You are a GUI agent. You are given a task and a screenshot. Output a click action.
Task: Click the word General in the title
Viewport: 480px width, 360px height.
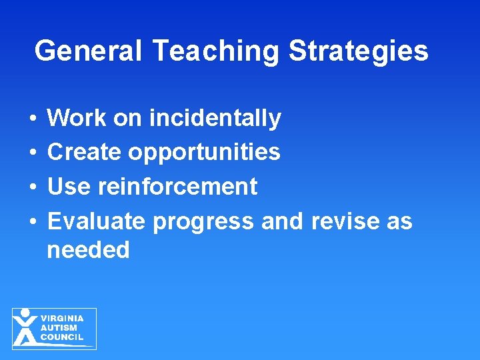(89, 51)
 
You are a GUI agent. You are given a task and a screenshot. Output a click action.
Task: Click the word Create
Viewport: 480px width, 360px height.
(85, 152)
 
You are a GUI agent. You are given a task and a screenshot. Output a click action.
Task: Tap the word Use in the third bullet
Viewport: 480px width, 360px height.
(69, 187)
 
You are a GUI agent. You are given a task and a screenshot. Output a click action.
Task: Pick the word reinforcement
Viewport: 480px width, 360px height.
(177, 187)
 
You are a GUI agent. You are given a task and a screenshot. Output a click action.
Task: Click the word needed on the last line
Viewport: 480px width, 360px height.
(88, 251)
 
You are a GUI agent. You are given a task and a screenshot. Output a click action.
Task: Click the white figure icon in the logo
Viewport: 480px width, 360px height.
(25, 327)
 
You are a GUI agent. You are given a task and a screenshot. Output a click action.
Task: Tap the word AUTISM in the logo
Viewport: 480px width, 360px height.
(59, 328)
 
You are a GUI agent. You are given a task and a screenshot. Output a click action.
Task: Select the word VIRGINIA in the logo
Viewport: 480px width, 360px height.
(63, 319)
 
